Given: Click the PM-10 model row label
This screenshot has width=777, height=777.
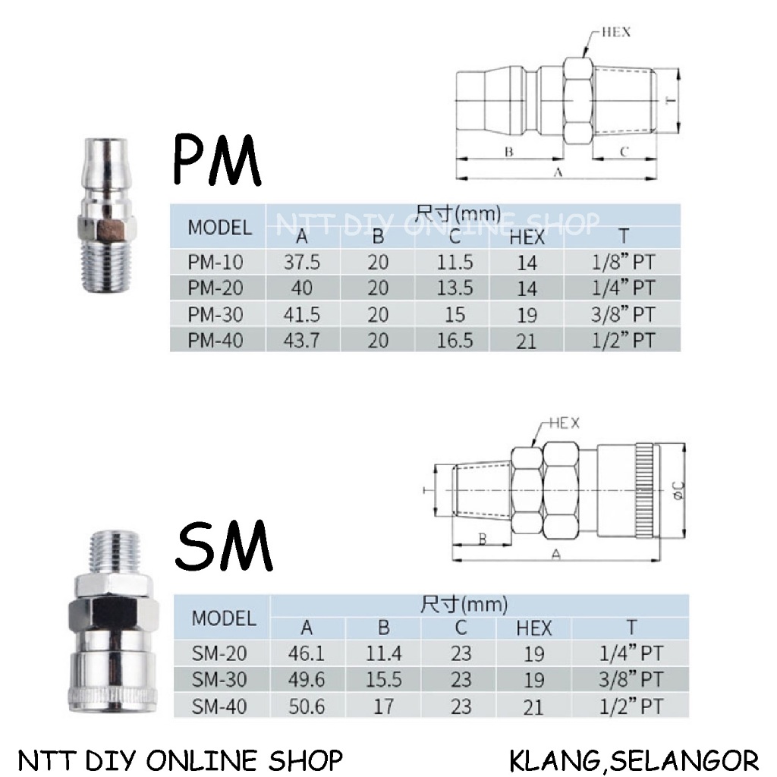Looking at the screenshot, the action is point(215,262).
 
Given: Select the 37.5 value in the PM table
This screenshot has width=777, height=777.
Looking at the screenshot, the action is point(302,262).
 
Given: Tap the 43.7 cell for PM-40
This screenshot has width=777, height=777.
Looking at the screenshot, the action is point(302,341).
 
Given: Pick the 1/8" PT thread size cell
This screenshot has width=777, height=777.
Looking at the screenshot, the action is point(624,262).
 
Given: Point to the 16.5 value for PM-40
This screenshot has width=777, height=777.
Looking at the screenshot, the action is point(455,341).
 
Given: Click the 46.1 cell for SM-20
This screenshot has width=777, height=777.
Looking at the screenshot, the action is point(307,653).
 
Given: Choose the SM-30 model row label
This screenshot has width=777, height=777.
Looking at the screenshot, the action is point(219,679).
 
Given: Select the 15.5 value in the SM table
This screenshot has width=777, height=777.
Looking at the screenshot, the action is point(383,679).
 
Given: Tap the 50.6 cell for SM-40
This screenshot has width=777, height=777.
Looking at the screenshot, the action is point(307,706).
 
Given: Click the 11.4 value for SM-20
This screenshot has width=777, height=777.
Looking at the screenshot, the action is point(383,653).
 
